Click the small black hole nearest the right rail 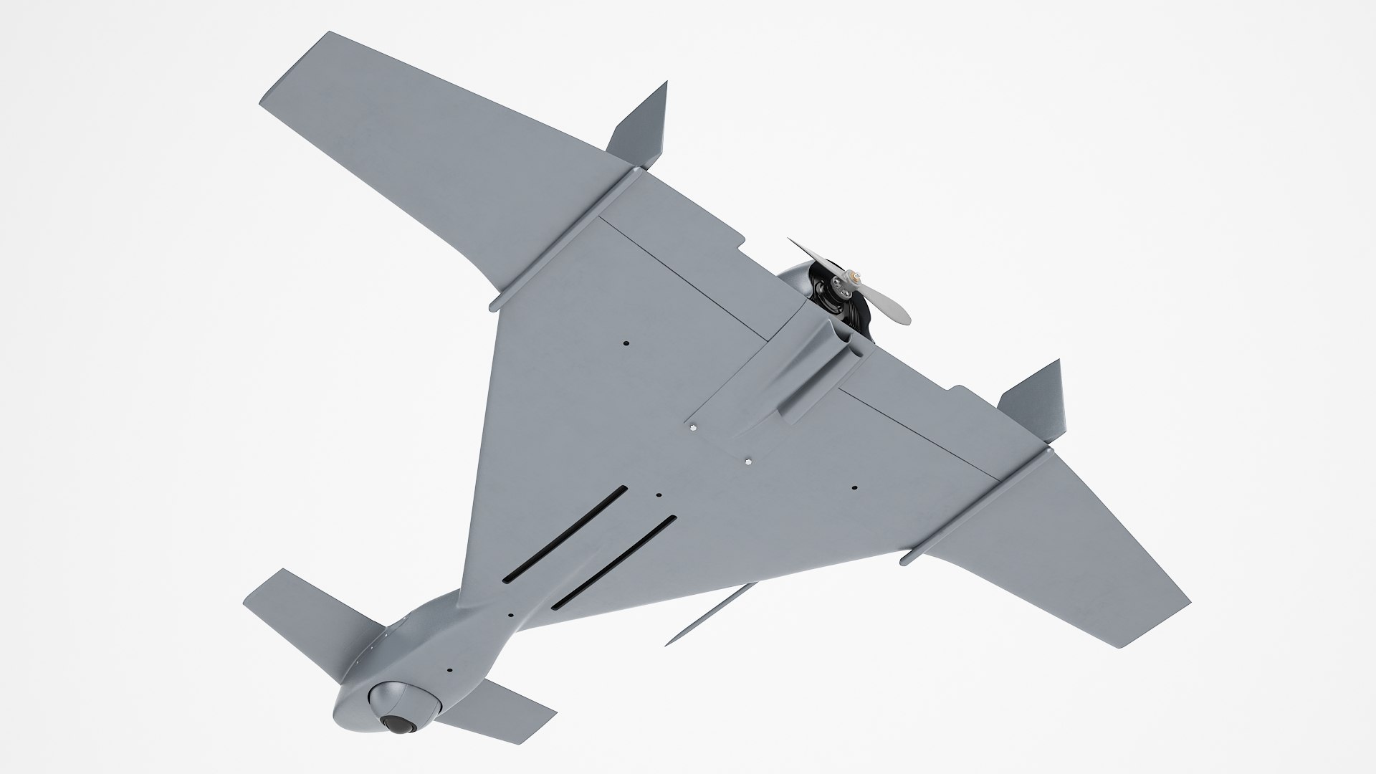click(854, 488)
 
